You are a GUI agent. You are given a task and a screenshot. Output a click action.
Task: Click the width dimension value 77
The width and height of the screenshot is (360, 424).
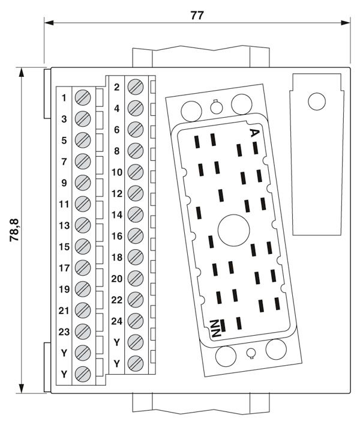click(197, 16)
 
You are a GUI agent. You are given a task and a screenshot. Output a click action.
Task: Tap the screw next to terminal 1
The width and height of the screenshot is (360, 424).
click(83, 98)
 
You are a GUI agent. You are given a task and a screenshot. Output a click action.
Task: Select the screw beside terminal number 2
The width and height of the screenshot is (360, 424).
click(136, 87)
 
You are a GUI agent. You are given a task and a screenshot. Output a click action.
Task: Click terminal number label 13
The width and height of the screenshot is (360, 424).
click(64, 225)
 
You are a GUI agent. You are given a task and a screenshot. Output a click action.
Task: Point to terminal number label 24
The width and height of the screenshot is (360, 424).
click(116, 321)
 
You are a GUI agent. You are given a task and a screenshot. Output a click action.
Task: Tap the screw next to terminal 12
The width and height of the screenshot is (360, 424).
click(136, 193)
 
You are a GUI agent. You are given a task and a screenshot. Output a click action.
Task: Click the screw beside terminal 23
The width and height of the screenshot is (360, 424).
click(83, 332)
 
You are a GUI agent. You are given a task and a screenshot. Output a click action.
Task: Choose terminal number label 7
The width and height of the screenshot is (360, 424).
click(64, 162)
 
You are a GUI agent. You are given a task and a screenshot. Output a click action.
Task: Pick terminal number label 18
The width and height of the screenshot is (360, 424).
click(117, 257)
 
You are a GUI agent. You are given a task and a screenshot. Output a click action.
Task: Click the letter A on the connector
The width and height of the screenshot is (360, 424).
click(254, 133)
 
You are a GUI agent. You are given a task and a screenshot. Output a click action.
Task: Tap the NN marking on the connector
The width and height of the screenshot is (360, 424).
click(216, 329)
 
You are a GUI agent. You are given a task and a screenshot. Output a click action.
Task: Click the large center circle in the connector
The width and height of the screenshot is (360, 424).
click(233, 231)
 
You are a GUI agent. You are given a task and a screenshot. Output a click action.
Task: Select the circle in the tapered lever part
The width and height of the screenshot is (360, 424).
click(317, 101)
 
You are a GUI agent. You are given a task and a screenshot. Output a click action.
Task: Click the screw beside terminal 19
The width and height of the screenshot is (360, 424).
click(83, 289)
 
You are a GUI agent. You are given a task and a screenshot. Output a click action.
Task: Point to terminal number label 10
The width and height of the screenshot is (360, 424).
click(117, 172)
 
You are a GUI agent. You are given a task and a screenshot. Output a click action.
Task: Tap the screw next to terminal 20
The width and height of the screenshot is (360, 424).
click(136, 278)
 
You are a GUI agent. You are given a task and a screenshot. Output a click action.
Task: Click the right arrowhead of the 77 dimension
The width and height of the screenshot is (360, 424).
click(346, 22)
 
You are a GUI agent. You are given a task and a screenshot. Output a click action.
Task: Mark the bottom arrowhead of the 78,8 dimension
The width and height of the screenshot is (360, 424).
click(22, 389)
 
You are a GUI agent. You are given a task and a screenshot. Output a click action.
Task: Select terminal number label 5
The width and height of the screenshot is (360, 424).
click(64, 141)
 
